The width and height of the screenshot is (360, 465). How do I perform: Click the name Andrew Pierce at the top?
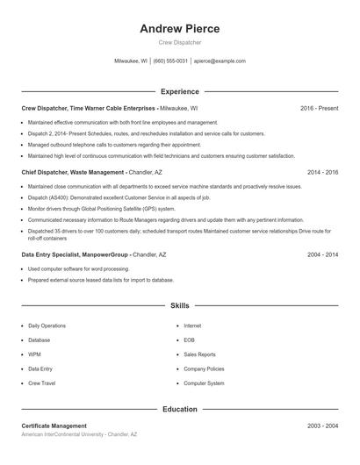180,28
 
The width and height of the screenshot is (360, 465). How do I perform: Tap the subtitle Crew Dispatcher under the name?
180,42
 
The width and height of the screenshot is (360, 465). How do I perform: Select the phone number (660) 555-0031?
170,61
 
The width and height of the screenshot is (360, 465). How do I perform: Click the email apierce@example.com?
220,61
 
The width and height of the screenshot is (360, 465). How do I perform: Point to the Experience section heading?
180,91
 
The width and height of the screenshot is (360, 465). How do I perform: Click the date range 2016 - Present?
319,108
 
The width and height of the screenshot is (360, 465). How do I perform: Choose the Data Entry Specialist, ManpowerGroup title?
75,254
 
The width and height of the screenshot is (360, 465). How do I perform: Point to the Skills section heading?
180,305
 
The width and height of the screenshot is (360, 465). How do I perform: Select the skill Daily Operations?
47,325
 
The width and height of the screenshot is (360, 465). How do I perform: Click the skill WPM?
34,354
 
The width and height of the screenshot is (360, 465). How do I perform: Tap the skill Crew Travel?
41,383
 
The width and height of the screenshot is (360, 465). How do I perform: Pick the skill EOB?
189,340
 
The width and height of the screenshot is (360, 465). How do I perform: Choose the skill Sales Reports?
199,354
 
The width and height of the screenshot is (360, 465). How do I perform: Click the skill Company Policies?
204,368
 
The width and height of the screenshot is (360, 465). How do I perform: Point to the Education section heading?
180,409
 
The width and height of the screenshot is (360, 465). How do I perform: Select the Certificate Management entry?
54,426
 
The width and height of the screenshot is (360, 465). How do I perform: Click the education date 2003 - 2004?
322,426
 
